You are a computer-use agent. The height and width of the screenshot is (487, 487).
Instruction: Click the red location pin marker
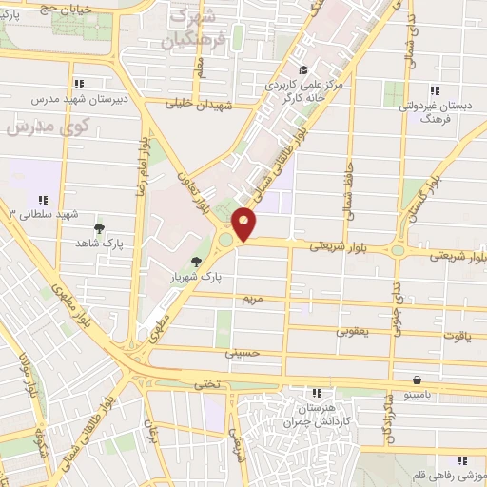click(244, 224)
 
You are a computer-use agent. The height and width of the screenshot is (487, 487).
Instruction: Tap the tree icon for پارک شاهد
click(98, 228)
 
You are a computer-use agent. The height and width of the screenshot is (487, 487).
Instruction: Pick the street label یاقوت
click(457, 336)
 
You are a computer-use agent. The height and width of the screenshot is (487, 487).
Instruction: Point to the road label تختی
click(206, 384)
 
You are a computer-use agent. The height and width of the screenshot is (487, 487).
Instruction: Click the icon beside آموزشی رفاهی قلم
click(462, 460)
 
